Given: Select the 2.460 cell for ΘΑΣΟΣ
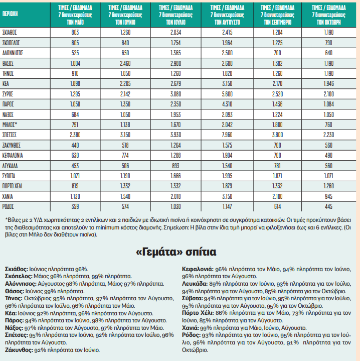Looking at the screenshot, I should [125, 63].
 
